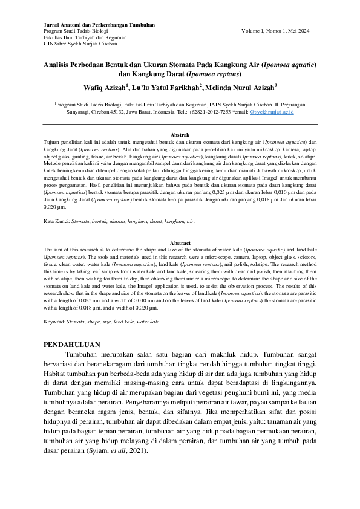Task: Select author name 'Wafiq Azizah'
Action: (103, 88)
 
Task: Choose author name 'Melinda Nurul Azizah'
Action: (241, 88)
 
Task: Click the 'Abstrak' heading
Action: (180, 134)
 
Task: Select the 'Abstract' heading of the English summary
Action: (180, 242)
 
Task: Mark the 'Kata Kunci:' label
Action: (57, 222)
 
